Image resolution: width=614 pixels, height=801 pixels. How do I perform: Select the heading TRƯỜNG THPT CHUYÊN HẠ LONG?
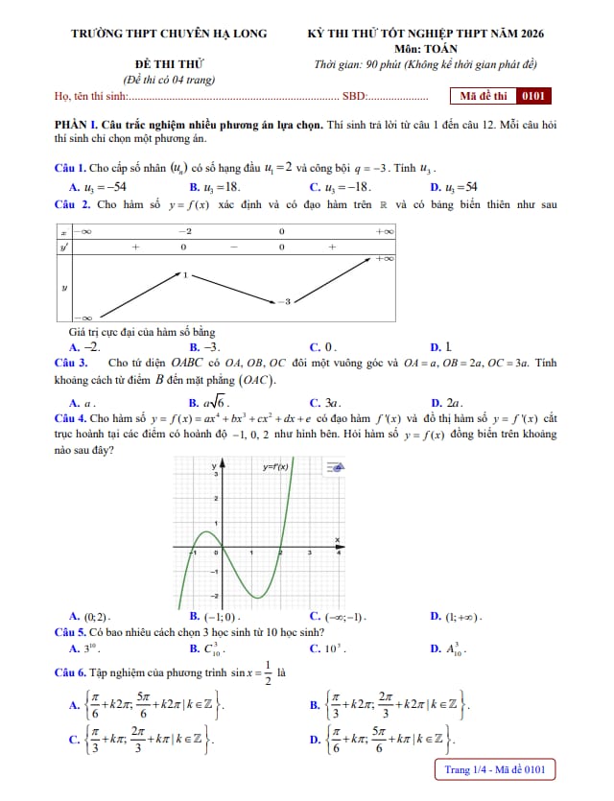pos(170,34)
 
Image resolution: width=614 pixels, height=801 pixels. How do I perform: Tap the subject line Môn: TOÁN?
pos(425,49)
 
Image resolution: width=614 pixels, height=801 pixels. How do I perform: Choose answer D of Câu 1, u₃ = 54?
pos(454,187)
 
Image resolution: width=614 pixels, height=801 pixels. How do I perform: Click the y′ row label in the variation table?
pos(64,247)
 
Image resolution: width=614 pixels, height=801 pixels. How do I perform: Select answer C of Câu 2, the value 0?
pos(323,346)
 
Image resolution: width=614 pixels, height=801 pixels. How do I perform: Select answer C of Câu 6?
pos(140,740)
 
